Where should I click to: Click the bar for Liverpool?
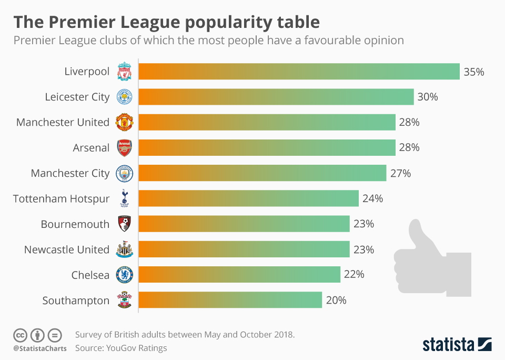(300, 72)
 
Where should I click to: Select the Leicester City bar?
(277, 97)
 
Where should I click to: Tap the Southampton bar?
(230, 300)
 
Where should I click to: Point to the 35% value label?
(473, 72)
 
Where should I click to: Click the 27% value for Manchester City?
(400, 173)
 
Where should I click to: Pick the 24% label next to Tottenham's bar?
(372, 198)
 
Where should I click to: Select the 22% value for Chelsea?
(353, 275)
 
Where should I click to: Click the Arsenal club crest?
(125, 148)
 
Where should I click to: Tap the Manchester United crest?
(125, 122)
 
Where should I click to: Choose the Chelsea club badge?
(125, 275)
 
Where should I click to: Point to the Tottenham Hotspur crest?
(125, 198)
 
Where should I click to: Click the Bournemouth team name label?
(75, 224)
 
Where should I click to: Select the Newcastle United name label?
(67, 249)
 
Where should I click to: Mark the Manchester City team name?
(70, 173)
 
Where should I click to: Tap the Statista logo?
(457, 345)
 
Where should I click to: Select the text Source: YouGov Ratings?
(121, 347)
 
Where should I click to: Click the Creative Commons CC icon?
(21, 335)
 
